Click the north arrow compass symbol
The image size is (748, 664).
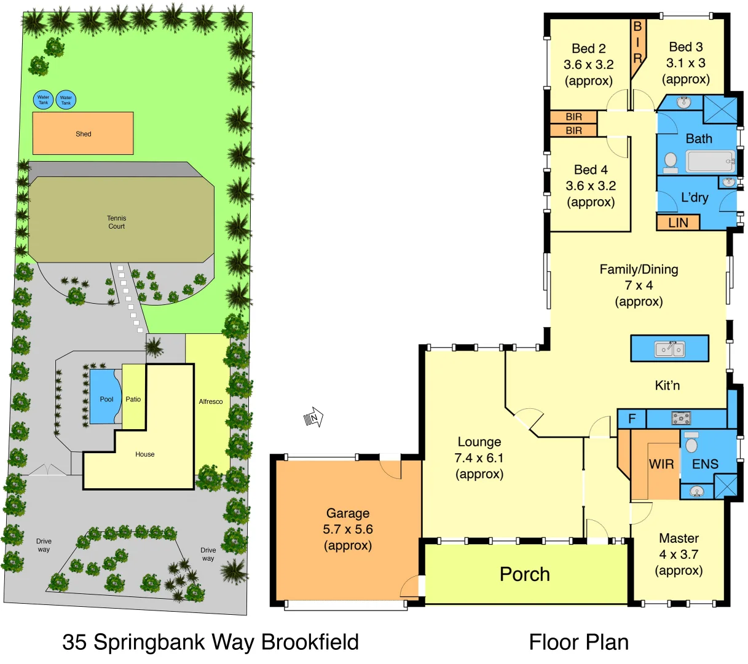coord(313,418)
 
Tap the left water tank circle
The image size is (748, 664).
coord(43,100)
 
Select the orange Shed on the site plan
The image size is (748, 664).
coord(83,133)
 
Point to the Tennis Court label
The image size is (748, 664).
coord(116,222)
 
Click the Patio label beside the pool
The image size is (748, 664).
coord(133,399)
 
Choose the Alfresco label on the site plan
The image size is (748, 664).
coord(210,401)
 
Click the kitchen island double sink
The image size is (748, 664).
coord(669,349)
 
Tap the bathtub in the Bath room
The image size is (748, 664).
coord(711,162)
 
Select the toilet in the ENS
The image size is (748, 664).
coord(691,443)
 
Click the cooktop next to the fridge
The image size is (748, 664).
coord(680,419)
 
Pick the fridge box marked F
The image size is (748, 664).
coord(632,419)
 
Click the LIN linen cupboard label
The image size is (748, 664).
coord(678,222)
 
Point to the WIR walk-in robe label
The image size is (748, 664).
coord(661,464)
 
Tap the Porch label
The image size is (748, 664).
coord(524,574)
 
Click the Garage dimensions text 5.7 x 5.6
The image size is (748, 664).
coord(348,529)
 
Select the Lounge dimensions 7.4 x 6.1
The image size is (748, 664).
coord(479,458)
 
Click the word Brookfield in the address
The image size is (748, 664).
coord(310,642)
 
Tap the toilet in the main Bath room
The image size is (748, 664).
coord(671,162)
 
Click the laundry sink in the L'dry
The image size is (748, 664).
coord(729,183)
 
